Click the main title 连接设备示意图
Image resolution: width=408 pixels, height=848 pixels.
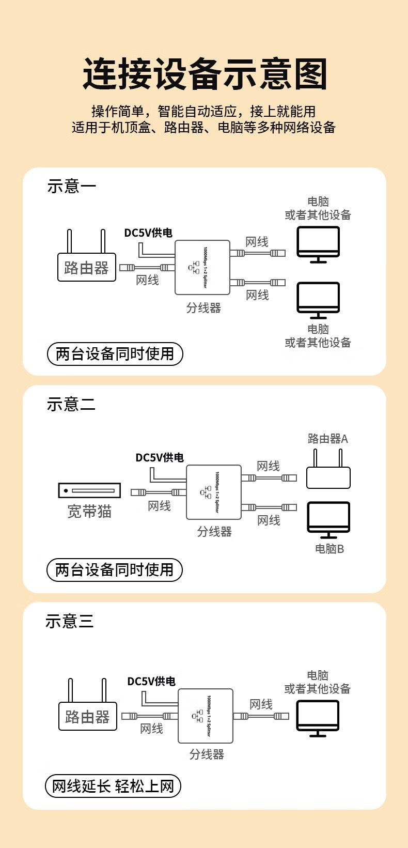(x=205, y=74)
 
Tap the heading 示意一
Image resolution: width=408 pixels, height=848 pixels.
(x=72, y=186)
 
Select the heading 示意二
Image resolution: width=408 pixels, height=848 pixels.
(x=71, y=404)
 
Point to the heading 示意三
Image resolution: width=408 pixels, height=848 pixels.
(x=70, y=621)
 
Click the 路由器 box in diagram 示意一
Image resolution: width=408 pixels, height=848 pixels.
(x=86, y=267)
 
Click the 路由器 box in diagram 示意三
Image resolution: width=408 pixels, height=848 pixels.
(x=88, y=716)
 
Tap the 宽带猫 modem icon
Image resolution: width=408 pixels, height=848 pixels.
(x=89, y=490)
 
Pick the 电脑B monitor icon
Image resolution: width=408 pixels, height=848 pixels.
(x=328, y=519)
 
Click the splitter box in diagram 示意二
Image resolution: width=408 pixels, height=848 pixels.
(x=214, y=492)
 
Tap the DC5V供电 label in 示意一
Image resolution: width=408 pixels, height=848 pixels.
(x=148, y=233)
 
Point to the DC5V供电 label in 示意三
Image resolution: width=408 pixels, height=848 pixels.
(x=151, y=682)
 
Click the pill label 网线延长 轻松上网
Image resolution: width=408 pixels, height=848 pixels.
(x=113, y=786)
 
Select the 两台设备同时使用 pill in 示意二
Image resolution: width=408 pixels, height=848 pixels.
(x=115, y=569)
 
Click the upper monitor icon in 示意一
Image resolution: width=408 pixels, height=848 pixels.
(x=318, y=243)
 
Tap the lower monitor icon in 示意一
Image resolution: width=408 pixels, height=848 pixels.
(x=318, y=299)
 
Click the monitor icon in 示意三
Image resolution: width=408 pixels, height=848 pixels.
(x=318, y=717)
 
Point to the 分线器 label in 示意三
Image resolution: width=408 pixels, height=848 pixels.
(x=207, y=754)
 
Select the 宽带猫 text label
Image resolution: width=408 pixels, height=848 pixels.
(x=89, y=512)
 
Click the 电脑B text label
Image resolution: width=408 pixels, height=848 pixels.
(x=329, y=549)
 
